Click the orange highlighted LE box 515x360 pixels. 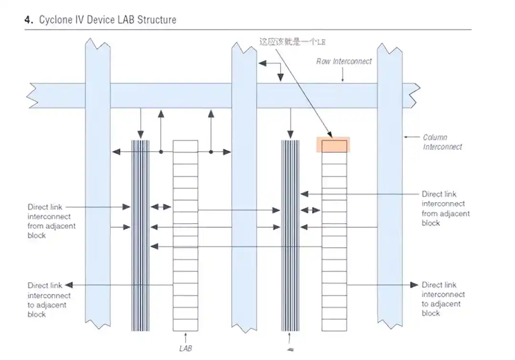(333, 145)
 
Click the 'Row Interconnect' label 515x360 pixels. (344, 62)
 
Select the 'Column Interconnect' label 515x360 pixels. (442, 142)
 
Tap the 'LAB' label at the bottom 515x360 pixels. (185, 349)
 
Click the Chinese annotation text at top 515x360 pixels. (292, 42)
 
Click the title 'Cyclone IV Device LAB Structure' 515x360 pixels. (107, 20)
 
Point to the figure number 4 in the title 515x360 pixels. (28, 20)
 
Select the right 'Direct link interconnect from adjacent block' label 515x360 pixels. (445, 208)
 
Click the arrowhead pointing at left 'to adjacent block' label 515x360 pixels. (69, 285)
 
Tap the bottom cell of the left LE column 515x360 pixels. (185, 325)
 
